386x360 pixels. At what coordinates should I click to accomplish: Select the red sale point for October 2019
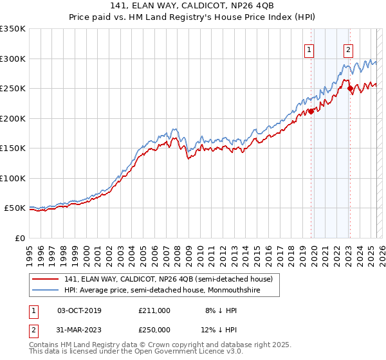click(311, 111)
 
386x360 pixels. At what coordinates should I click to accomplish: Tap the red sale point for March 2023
click(351, 89)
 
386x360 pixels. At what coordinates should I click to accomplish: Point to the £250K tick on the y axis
click(12, 88)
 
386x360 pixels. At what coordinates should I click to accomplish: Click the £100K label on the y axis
click(12, 178)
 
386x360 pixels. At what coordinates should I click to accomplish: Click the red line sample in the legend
click(45, 279)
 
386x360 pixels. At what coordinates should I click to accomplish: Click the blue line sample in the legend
click(45, 291)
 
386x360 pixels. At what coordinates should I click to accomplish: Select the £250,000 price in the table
click(154, 329)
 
